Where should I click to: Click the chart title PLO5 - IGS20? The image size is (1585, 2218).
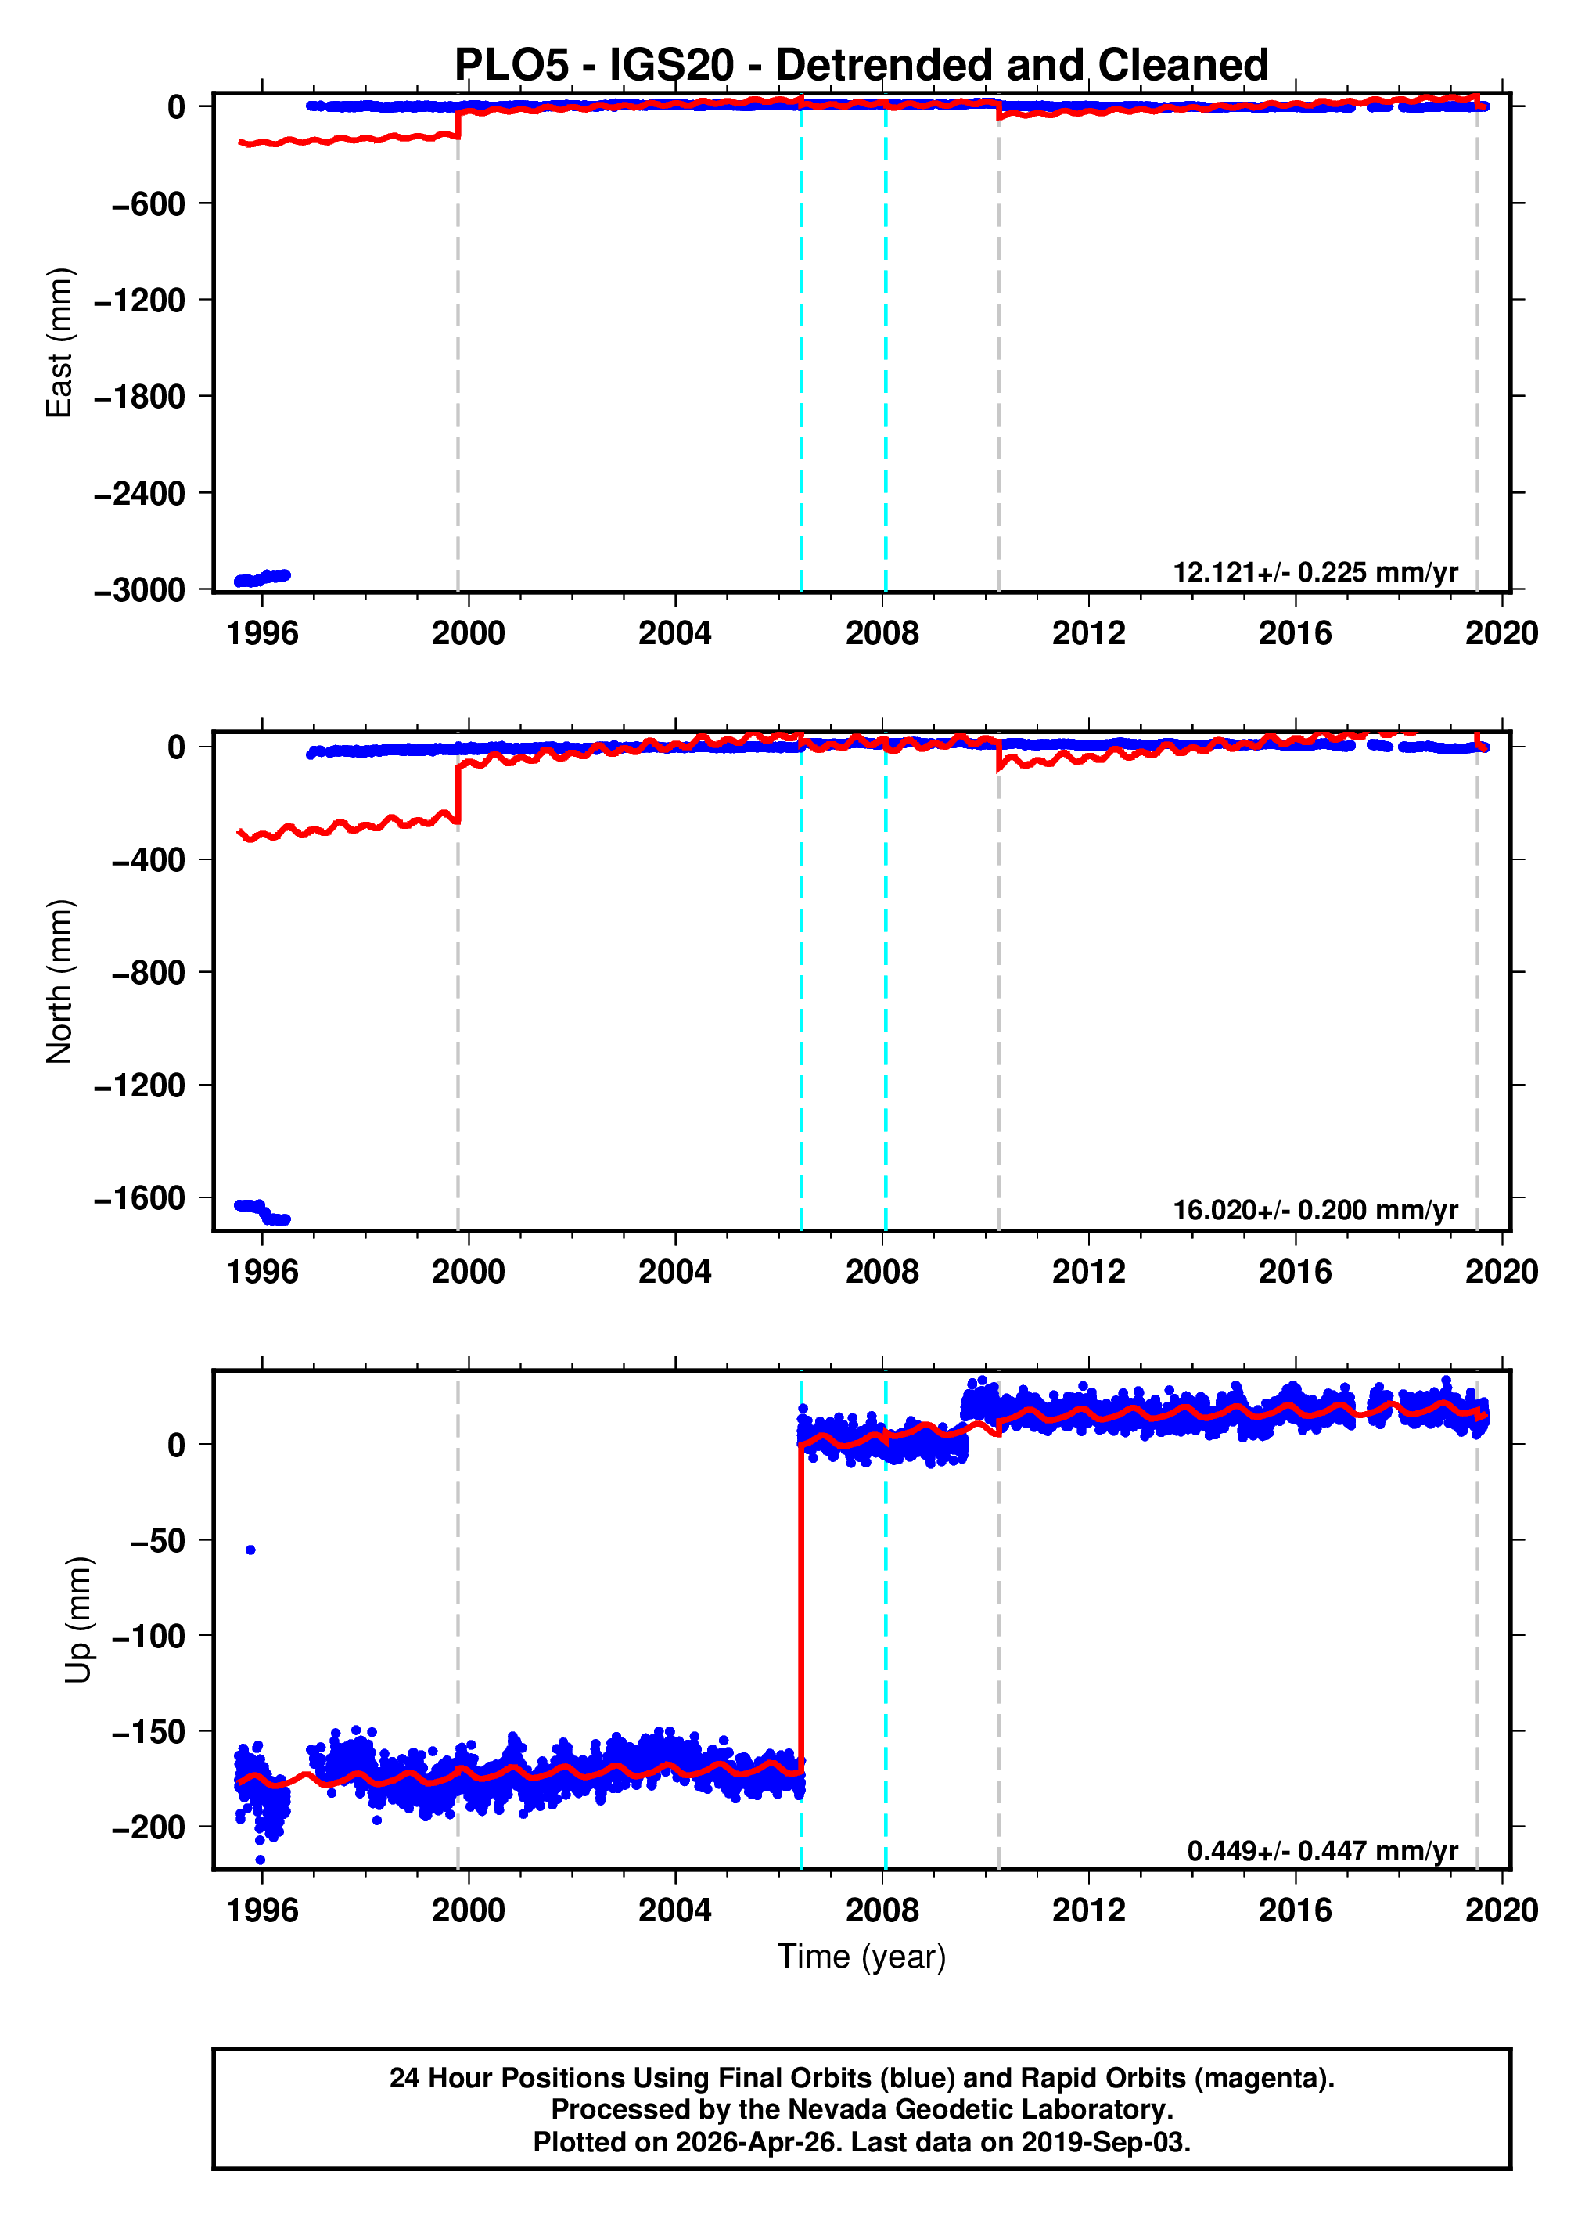click(x=861, y=66)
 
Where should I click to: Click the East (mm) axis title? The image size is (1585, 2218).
click(x=59, y=343)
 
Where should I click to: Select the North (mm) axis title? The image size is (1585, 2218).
click(x=59, y=981)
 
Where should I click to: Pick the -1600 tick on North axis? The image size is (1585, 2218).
click(x=139, y=1198)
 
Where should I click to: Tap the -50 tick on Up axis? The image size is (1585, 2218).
click(x=157, y=1540)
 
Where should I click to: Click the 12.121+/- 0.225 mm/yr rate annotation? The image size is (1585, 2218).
click(x=1314, y=572)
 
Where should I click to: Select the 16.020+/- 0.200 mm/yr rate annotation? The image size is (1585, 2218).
click(x=1314, y=1211)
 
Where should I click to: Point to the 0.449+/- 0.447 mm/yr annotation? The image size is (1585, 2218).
click(x=1321, y=1851)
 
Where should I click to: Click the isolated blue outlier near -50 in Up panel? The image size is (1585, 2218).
click(x=251, y=1550)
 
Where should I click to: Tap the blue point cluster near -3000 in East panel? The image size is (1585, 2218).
click(x=261, y=578)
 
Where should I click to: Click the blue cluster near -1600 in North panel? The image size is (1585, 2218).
click(x=261, y=1212)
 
